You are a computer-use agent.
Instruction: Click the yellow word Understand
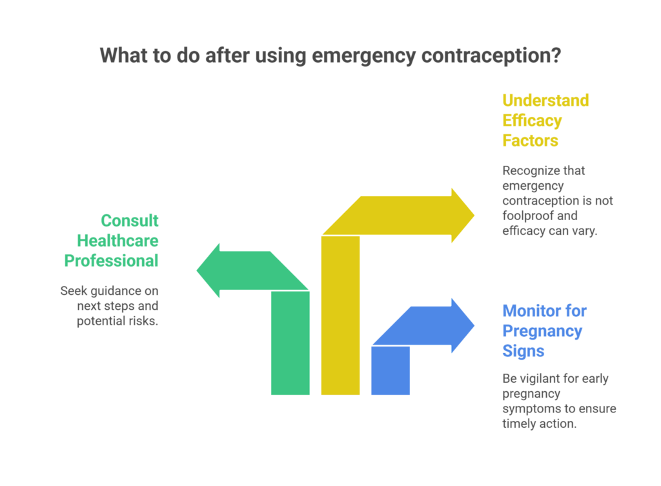click(x=545, y=101)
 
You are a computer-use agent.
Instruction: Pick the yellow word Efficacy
click(x=533, y=121)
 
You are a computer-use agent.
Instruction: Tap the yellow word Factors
click(x=531, y=140)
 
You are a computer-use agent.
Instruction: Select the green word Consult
click(x=130, y=221)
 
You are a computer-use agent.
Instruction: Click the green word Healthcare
click(x=118, y=241)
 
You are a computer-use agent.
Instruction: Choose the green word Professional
click(x=111, y=261)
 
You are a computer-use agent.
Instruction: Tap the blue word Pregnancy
click(x=542, y=331)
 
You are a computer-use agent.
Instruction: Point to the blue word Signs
click(x=524, y=351)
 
